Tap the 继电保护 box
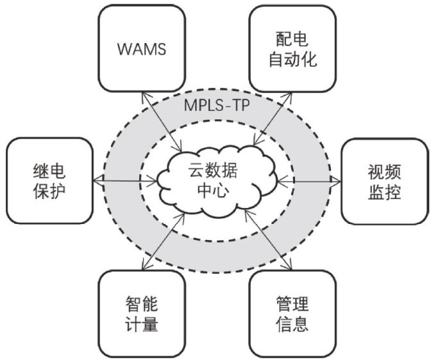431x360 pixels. [49, 182]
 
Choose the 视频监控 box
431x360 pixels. [384, 182]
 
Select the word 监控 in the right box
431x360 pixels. [384, 193]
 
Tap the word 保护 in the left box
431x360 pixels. [49, 193]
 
